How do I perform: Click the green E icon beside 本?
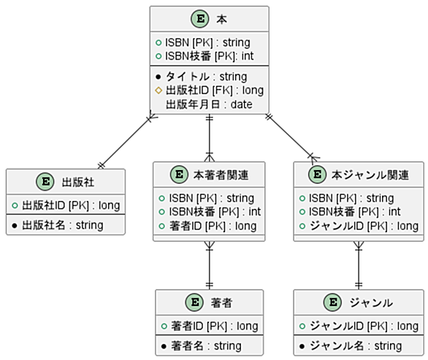[200, 19]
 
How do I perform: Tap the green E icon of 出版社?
[45, 182]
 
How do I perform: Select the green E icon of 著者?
[194, 302]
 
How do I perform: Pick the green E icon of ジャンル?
[332, 302]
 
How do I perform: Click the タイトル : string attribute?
[207, 77]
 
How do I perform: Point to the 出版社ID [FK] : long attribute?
[215, 91]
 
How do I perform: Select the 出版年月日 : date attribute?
[209, 104]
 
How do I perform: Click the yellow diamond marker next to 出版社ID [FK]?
[158, 91]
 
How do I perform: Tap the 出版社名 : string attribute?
[63, 226]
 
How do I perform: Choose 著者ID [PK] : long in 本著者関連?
[213, 226]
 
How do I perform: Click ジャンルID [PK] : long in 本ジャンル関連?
[364, 226]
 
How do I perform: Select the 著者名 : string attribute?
[207, 346]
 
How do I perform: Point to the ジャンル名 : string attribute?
[356, 346]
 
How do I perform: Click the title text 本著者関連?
[221, 175]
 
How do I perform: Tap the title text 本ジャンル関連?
[370, 175]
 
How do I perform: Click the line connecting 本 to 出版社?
[126, 140]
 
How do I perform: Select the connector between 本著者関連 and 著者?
[210, 265]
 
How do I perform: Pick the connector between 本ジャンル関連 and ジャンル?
[359, 265]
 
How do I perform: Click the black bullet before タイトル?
[158, 77]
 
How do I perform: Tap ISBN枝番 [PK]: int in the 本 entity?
[210, 56]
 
